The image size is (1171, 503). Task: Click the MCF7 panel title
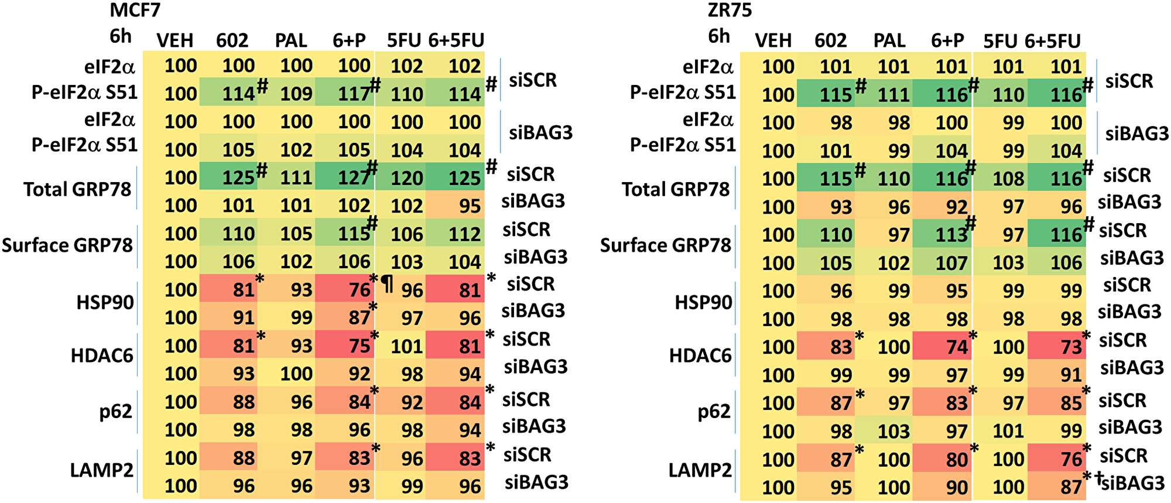[135, 10]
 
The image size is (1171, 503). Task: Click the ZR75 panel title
[729, 10]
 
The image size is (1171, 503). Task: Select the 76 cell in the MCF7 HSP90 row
[359, 290]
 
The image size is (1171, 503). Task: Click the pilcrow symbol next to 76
[388, 285]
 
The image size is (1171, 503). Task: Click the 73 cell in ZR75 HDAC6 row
[1071, 347]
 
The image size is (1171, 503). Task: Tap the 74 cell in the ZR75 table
[957, 347]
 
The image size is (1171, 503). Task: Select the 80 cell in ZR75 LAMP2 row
[957, 460]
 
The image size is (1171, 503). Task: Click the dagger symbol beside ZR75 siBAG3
[1099, 478]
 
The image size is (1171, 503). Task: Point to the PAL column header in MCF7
[291, 40]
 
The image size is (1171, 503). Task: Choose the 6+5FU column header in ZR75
[1052, 41]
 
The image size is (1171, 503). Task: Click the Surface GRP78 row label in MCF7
[67, 245]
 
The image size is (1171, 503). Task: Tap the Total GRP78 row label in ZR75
[675, 189]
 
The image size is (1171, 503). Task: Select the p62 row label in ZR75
[714, 412]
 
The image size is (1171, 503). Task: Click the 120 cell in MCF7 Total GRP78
[407, 178]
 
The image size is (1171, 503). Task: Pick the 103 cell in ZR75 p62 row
[893, 432]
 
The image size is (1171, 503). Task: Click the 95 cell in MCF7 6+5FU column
[470, 206]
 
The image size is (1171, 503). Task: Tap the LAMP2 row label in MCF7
[101, 470]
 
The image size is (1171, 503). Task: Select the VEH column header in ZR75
[773, 41]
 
